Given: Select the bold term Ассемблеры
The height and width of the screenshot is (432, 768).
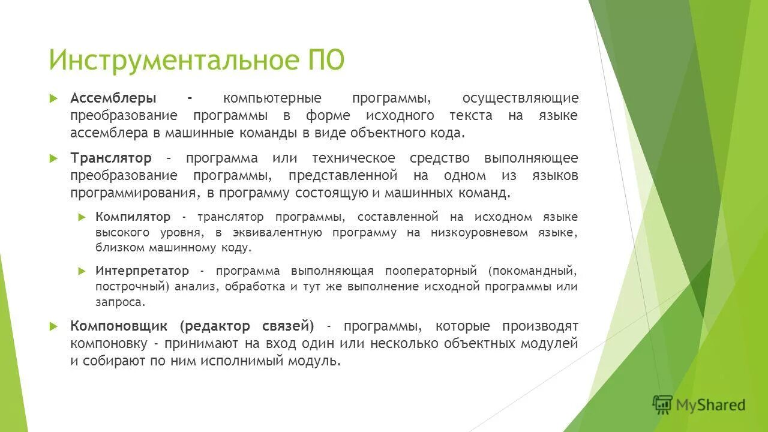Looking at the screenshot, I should [113, 98].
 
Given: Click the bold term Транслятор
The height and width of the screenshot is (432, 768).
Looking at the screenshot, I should [111, 158].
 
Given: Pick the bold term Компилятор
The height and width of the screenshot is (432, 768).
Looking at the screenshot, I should [133, 217].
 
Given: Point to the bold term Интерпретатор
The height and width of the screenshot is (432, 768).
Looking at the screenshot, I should [142, 271].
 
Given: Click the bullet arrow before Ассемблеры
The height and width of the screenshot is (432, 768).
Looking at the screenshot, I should [53, 98].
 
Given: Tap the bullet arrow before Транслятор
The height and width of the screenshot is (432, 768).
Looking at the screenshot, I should [53, 158].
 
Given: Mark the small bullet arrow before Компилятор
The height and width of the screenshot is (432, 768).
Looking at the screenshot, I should [82, 217].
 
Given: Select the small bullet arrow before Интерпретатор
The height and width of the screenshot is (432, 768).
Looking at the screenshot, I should [82, 271].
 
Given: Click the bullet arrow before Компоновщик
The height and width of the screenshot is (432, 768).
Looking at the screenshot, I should [53, 326].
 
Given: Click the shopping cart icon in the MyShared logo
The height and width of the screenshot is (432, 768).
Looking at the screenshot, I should [662, 404].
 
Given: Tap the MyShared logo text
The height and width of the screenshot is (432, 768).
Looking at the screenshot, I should [710, 405].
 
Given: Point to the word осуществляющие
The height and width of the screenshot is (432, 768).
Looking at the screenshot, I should [520, 98].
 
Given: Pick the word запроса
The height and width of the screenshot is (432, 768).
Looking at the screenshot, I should [120, 302].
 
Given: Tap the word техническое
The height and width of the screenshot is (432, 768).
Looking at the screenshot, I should [353, 158].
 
